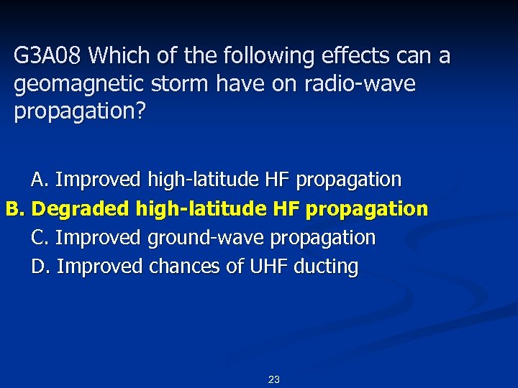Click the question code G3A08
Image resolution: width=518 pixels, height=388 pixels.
[x=49, y=56]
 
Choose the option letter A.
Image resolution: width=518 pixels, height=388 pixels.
[x=39, y=179]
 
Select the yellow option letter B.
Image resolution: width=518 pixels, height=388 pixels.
[x=16, y=209]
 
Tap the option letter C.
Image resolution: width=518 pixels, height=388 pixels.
[x=39, y=237]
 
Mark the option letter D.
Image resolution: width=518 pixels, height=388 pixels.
[x=40, y=267]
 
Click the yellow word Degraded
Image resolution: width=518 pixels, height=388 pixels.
[x=80, y=209]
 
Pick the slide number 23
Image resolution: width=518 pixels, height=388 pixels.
[x=273, y=379]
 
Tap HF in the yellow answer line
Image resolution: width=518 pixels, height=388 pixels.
[x=286, y=209]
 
